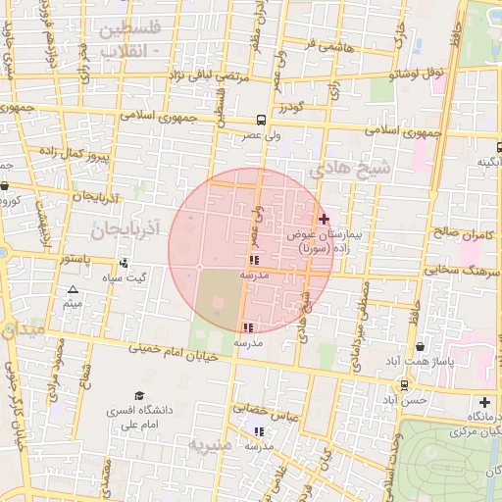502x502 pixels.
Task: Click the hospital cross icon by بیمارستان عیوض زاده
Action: [325, 218]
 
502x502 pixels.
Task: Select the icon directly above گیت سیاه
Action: [124, 263]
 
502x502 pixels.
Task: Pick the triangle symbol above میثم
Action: [73, 290]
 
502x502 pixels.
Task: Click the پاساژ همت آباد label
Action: [422, 362]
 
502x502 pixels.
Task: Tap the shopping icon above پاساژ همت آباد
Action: [421, 346]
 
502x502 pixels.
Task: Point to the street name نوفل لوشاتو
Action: [418, 74]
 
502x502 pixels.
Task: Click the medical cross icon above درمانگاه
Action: [484, 402]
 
